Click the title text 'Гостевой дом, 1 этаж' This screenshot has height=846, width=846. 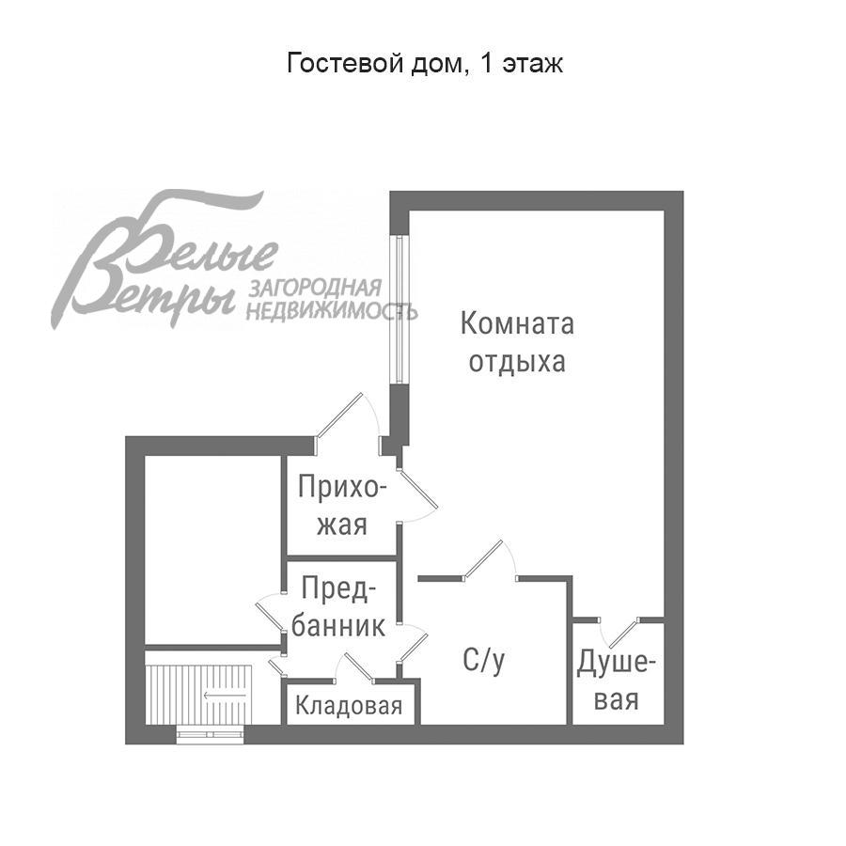(424, 64)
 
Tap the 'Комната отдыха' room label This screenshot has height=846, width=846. (517, 343)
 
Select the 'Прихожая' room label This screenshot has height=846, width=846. (341, 506)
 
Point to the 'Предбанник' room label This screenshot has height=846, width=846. (338, 607)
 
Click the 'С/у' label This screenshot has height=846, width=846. (484, 661)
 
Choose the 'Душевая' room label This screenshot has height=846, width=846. (617, 681)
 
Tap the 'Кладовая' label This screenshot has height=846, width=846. (349, 707)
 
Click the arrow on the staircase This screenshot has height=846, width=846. (226, 697)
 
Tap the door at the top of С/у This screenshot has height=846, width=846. (492, 561)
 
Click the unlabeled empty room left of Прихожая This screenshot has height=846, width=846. (213, 550)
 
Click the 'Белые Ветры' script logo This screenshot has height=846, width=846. (164, 263)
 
